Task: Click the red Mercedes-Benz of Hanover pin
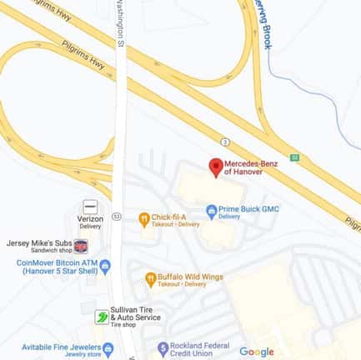coord(215,167)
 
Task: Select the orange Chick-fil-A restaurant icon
coord(145,219)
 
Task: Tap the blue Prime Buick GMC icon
coord(211,212)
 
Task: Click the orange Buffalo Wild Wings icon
coord(150,279)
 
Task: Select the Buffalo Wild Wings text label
coord(193,275)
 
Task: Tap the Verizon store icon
coord(90,206)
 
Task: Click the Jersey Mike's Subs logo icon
coord(81,246)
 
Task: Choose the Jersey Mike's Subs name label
coord(38,243)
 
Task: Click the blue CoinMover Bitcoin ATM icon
coord(105,266)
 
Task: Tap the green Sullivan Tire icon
coord(101,317)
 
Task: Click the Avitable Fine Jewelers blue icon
coord(107,347)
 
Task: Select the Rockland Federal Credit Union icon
coord(163,348)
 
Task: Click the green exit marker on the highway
coord(294,157)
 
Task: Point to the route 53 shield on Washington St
coord(117,216)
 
